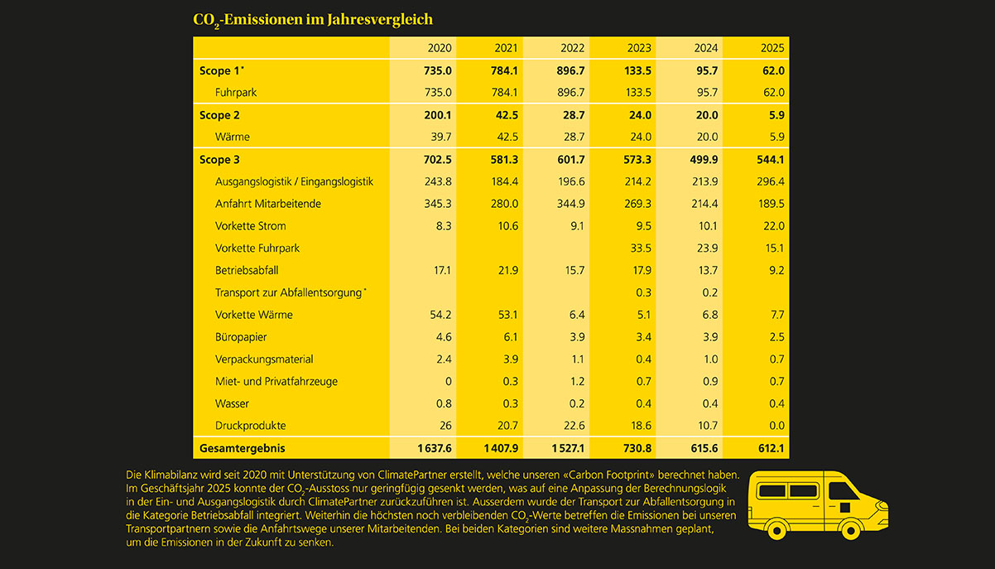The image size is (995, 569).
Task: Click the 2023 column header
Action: coord(639,48)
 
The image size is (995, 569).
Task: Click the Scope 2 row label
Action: coord(219,115)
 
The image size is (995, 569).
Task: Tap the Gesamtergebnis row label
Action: coord(241,448)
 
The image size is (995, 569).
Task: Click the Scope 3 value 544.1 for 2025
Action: coord(768,160)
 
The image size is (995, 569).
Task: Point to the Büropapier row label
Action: coord(240,337)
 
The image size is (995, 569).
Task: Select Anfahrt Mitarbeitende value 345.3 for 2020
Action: coord(435,204)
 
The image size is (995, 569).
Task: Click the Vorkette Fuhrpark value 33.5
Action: coord(641,248)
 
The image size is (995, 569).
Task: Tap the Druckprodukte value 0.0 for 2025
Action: coord(774,426)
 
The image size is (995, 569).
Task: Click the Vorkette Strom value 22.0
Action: coord(771,226)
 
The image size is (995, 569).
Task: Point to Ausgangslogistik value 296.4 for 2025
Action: coord(768,181)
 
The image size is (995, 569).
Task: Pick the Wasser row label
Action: coord(232,403)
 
